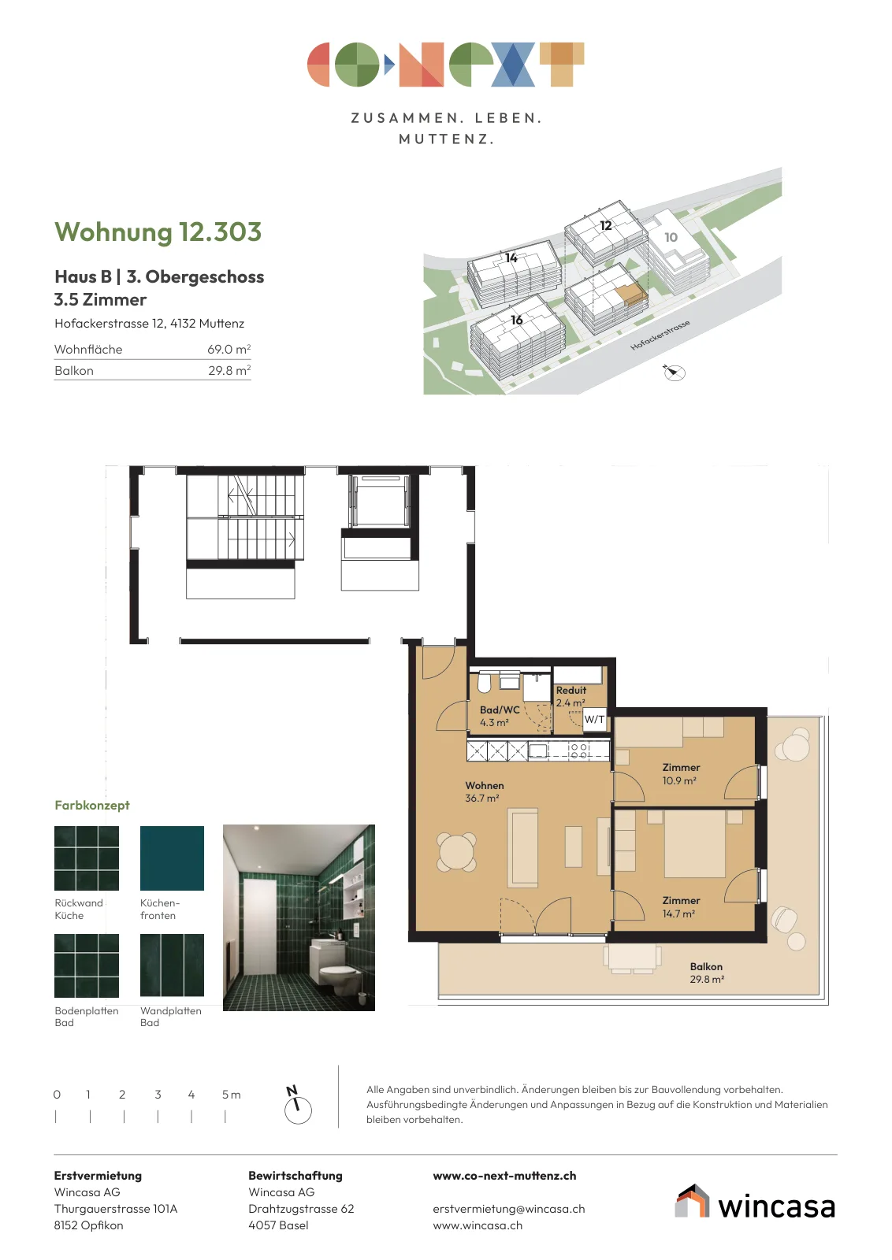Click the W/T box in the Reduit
(x=594, y=719)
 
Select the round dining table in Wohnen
(x=456, y=852)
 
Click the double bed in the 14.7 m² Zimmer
(x=695, y=843)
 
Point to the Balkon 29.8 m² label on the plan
(x=707, y=973)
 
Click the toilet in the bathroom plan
(x=484, y=682)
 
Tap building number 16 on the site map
(x=517, y=320)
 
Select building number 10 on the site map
(x=671, y=237)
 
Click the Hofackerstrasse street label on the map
(x=660, y=335)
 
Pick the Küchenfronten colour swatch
(x=172, y=858)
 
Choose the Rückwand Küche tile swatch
(x=87, y=858)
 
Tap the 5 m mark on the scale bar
(x=225, y=1116)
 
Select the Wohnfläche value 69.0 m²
(x=229, y=349)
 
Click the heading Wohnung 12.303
(x=158, y=232)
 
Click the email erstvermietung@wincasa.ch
(x=509, y=1208)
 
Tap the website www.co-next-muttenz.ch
(x=504, y=1176)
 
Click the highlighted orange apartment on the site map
(x=630, y=295)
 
